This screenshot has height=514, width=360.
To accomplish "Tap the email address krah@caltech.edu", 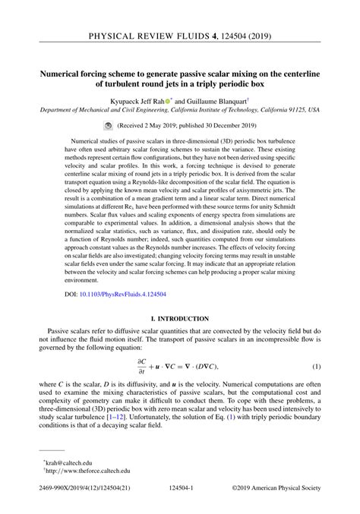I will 64,462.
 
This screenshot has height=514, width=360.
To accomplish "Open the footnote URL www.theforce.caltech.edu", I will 81,471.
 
